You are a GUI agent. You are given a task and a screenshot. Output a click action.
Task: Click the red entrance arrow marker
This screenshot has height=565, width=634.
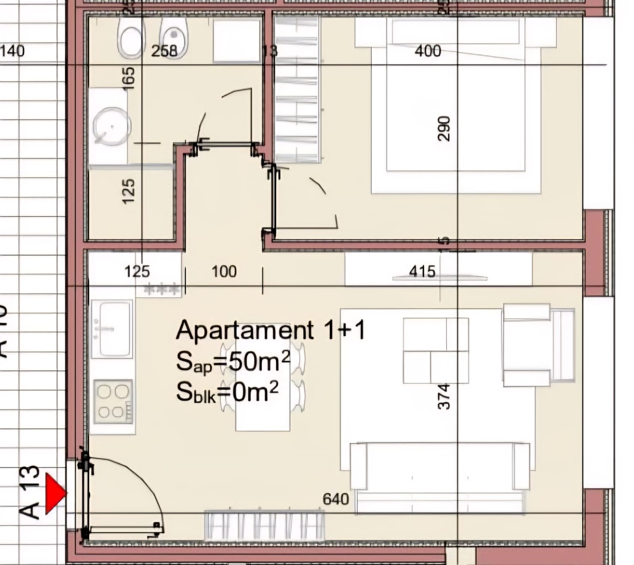55,493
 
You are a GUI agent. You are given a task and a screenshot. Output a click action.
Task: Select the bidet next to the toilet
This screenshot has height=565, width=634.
173,38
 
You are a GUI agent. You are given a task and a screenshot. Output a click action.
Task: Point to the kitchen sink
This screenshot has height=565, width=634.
112,329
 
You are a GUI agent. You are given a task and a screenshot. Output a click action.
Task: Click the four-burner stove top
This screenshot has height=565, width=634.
113,401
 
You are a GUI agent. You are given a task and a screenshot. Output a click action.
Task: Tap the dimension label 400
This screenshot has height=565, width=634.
427,51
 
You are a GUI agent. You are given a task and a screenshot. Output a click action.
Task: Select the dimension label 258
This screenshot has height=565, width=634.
164,51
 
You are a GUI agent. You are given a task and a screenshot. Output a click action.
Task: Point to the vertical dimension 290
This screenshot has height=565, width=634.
444,128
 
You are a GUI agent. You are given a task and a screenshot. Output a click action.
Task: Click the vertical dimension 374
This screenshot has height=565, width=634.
444,396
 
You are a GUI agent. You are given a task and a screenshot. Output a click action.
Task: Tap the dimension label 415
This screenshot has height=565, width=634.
422,272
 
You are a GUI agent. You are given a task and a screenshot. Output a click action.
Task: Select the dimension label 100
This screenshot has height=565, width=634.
224,272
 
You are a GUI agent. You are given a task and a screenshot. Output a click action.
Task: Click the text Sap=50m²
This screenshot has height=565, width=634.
233,362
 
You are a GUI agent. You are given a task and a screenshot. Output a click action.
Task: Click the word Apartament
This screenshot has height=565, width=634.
245,330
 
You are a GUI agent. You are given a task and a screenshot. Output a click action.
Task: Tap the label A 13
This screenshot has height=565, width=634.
30,492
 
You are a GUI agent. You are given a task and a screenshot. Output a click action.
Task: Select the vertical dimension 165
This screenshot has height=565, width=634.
128,78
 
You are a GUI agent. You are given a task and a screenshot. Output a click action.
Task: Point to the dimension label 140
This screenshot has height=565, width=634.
12,51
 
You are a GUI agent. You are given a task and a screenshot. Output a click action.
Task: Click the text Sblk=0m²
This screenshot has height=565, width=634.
227,392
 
